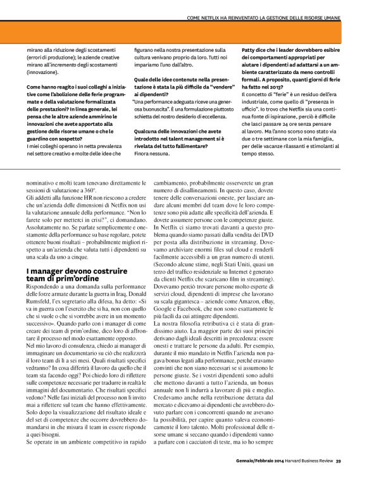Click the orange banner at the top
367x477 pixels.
[x=183, y=31]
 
